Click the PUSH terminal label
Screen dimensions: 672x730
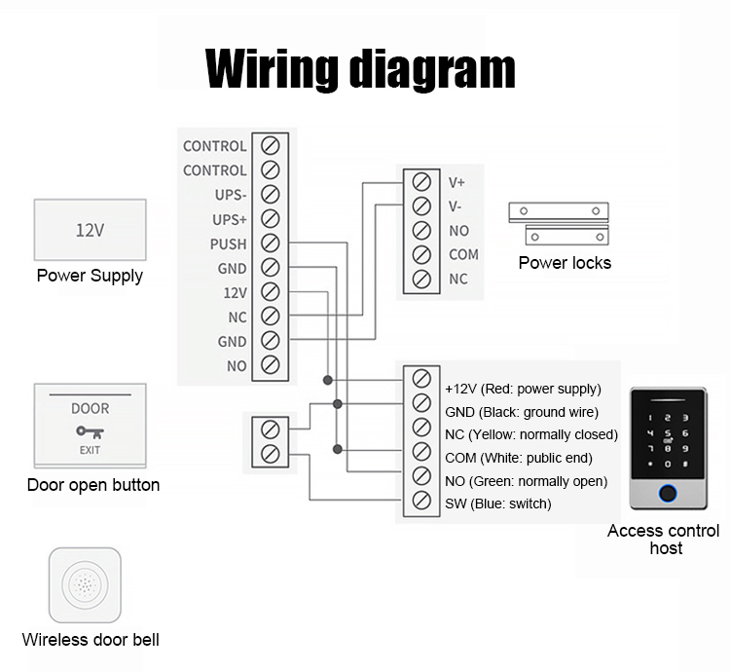(229, 244)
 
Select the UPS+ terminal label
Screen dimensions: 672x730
(231, 220)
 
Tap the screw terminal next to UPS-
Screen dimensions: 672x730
(271, 195)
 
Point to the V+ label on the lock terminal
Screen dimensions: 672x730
(456, 182)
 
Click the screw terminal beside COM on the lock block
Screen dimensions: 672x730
(421, 255)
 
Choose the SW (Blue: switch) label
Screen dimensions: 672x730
(497, 504)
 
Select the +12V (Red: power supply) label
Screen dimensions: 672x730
(523, 389)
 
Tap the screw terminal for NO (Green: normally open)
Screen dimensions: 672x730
(421, 477)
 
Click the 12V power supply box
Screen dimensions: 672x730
(90, 231)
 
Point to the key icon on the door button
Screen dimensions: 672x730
(89, 430)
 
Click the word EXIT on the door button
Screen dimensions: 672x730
(90, 451)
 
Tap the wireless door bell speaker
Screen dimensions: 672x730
(85, 585)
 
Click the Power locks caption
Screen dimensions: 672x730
(565, 263)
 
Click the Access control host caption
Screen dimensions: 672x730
(664, 540)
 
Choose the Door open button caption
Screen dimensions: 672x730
(93, 485)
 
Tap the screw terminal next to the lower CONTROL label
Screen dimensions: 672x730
(271, 170)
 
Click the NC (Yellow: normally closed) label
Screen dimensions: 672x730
(531, 434)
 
